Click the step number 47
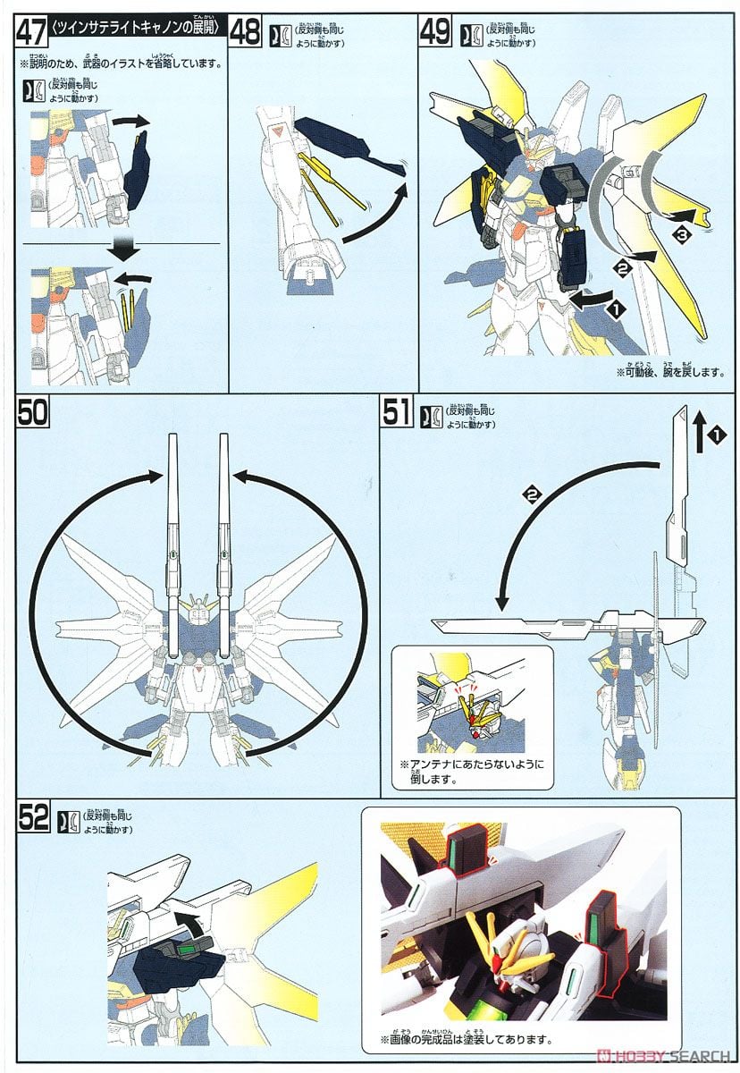tap(32, 32)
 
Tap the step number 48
tap(245, 32)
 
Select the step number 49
tap(434, 32)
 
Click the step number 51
tap(397, 415)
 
